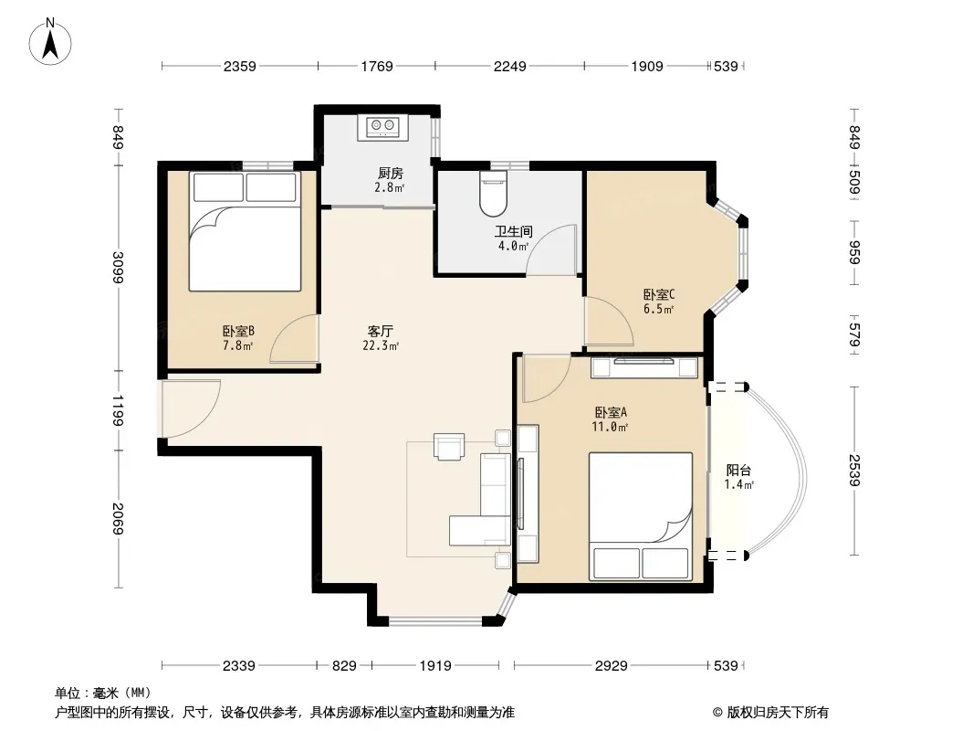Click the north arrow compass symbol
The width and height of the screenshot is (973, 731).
(50, 42)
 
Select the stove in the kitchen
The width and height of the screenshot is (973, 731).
(382, 128)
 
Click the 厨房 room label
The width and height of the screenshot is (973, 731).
(391, 174)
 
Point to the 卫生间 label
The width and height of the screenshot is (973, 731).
(513, 232)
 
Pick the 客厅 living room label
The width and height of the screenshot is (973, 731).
(380, 332)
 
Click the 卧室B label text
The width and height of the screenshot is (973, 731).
(239, 332)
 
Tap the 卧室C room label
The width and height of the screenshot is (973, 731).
(658, 294)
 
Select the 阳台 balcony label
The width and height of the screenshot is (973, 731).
(738, 471)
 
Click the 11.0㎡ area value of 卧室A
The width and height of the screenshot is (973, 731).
(610, 427)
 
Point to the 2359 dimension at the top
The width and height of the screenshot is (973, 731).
(239, 66)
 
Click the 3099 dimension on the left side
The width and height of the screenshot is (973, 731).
(118, 267)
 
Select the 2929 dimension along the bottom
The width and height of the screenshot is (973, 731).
(612, 666)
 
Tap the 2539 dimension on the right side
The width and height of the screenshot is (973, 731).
(854, 471)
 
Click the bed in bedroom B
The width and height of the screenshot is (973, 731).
(246, 231)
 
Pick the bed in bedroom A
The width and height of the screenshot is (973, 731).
(641, 517)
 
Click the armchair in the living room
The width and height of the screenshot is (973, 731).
(449, 447)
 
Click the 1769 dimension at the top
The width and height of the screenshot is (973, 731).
(377, 66)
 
